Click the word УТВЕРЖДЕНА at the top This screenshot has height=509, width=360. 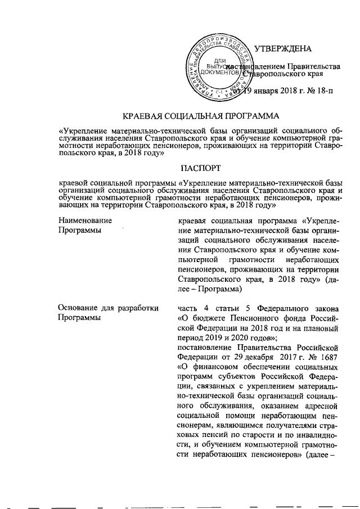click(x=279, y=49)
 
